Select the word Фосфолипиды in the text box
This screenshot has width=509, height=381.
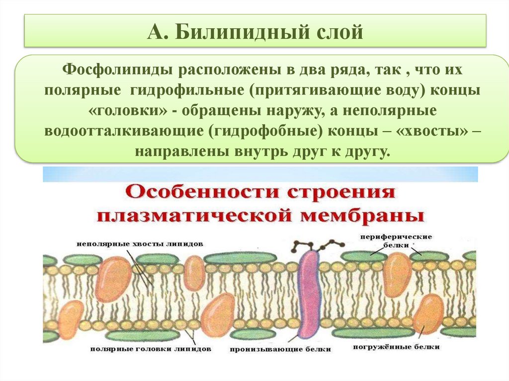pos(113,70)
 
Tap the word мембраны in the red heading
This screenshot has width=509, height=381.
pos(372,216)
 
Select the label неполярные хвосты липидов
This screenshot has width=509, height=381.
pos(140,244)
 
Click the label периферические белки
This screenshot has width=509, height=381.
pos(396,240)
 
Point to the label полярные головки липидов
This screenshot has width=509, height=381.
pos(151,349)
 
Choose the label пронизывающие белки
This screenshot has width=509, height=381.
pos(280,349)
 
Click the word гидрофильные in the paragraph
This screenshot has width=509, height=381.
pos(184,90)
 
